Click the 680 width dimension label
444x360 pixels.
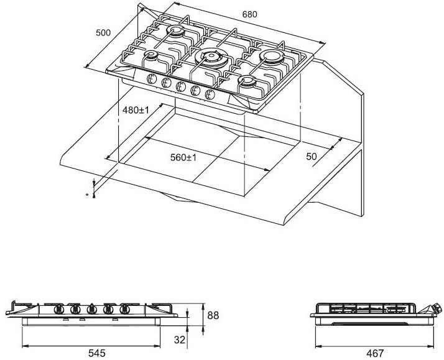[249, 14]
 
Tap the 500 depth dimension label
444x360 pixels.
[103, 33]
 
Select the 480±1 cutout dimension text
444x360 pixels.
[136, 110]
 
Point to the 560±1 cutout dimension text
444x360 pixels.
[183, 157]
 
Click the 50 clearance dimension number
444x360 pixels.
[311, 157]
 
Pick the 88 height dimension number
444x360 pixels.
[213, 315]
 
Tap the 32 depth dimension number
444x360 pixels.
[180, 339]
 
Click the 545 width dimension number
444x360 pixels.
[97, 353]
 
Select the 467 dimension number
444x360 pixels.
[375, 353]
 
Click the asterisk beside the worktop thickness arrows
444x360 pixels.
[87, 195]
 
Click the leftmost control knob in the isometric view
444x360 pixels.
[152, 78]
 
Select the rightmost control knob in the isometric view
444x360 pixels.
[210, 95]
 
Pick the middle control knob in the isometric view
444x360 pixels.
[181, 86]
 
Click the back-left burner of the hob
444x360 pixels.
[175, 30]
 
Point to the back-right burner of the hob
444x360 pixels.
[272, 57]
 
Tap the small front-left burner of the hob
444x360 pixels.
[150, 55]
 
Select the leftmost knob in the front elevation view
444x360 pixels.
[58, 310]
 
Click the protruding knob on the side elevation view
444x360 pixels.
[436, 308]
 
